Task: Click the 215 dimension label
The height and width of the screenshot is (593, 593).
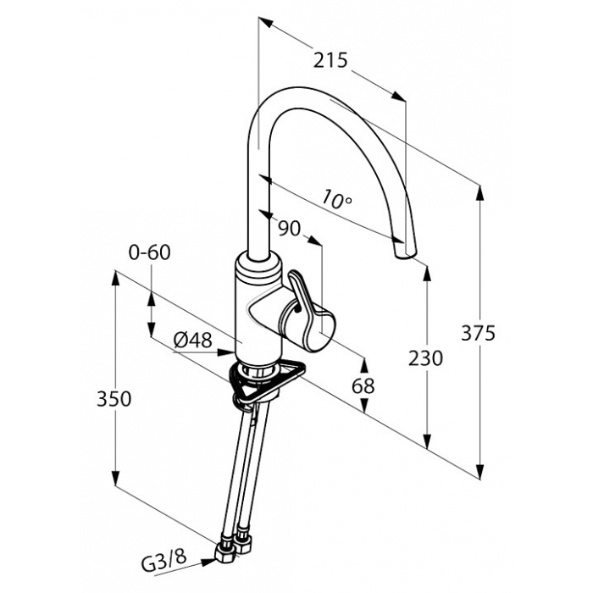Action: pos(330,60)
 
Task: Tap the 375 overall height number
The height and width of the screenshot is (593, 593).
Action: pos(478,333)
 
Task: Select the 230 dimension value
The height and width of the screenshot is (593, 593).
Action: pos(425,358)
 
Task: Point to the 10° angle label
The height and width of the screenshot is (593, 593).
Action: pos(337,198)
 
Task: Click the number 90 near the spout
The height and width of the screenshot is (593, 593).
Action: pos(289,228)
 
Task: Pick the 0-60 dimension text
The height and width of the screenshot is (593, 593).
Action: pos(149,252)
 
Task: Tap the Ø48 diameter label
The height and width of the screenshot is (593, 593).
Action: pos(192,341)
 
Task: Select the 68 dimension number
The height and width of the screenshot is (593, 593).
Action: pos(363,386)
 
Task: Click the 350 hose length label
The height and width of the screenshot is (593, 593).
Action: pos(114,399)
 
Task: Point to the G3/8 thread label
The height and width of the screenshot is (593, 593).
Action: pos(165,563)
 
